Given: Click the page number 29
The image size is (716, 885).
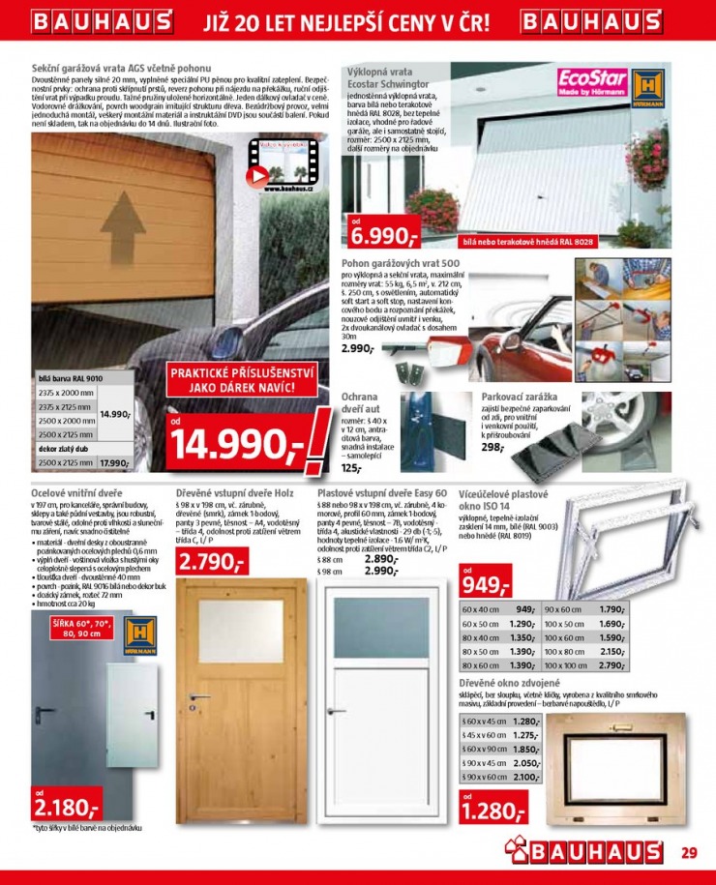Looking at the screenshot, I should click(688, 853).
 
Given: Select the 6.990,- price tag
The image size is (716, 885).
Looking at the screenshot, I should click(382, 234).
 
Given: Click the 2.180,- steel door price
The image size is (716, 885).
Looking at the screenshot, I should click(66, 806).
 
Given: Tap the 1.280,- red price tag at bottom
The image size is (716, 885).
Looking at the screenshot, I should click(492, 811).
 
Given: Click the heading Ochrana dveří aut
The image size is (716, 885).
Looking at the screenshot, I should click(360, 403).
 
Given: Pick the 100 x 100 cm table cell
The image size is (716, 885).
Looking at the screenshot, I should click(565, 665).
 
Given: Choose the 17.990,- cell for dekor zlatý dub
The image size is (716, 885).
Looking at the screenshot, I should click(115, 463).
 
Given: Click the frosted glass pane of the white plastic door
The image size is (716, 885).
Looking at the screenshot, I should click(381, 629).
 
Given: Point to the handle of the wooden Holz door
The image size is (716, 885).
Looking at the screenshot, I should click(199, 697).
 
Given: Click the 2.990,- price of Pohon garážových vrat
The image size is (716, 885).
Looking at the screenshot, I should click(356, 348).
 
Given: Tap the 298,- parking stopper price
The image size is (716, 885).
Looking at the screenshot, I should click(492, 448).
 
